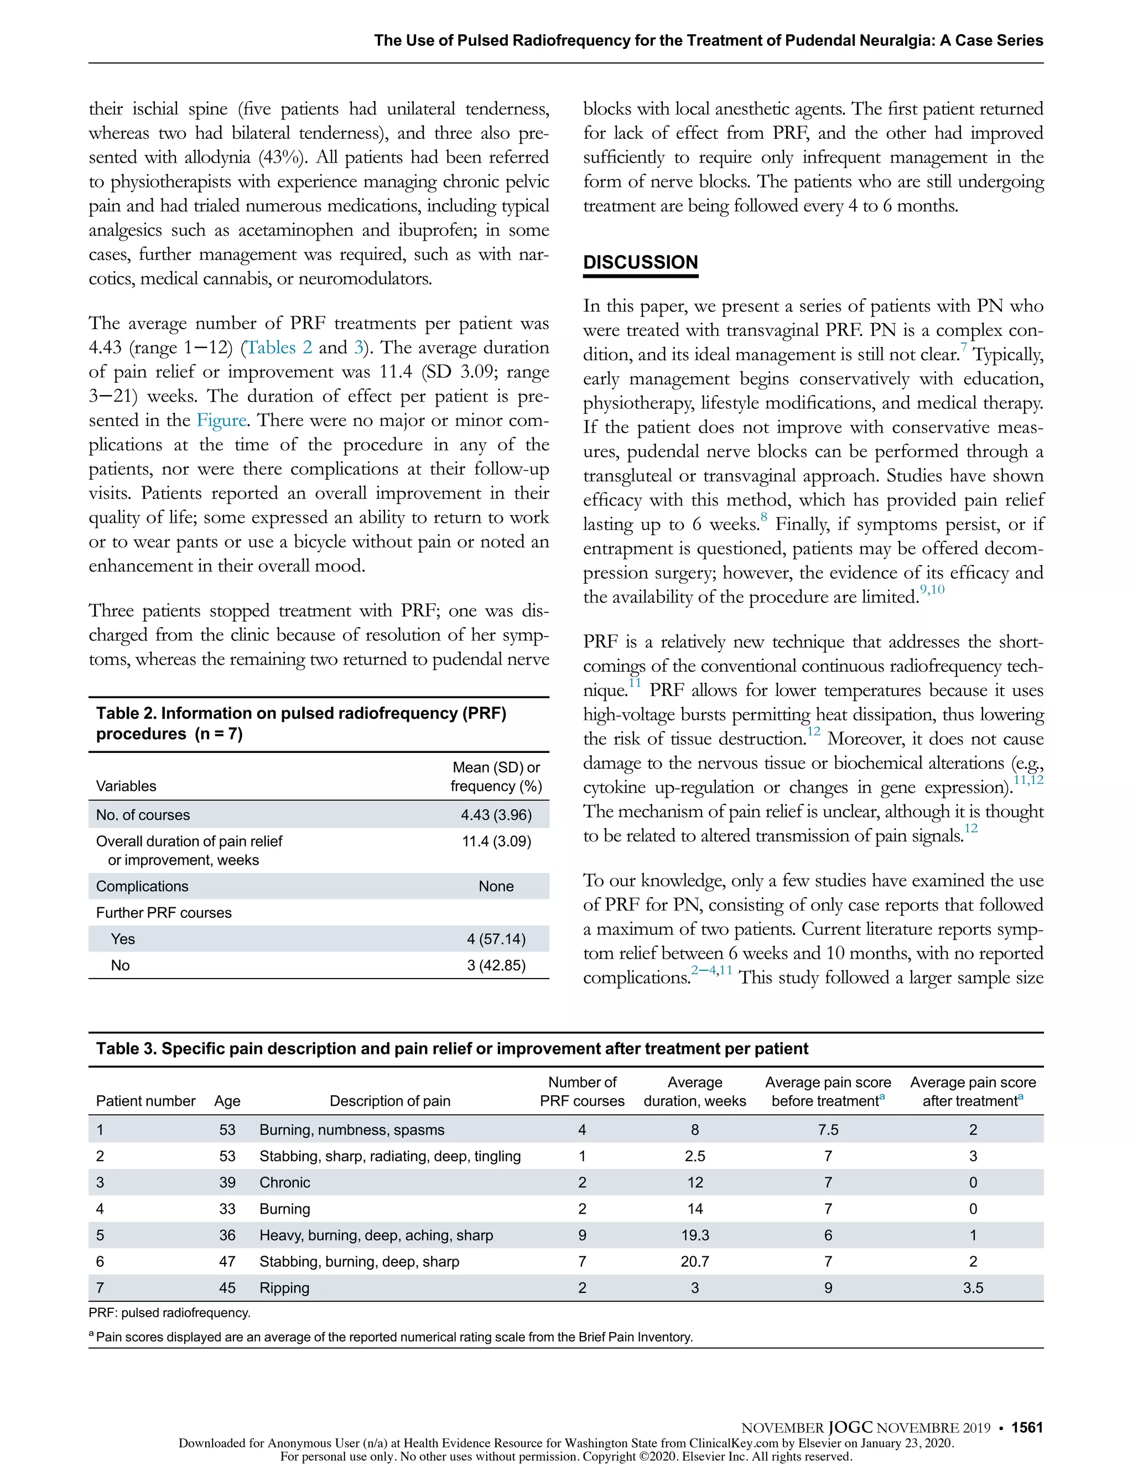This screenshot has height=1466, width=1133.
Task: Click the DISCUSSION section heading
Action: [x=640, y=262]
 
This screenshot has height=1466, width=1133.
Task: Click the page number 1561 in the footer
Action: [x=1027, y=1428]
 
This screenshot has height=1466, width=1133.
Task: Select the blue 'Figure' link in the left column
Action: [x=221, y=420]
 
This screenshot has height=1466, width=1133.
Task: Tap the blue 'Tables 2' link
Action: [x=280, y=348]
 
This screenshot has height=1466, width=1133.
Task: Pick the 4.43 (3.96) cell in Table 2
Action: [x=496, y=815]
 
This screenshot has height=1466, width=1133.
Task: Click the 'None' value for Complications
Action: [x=496, y=886]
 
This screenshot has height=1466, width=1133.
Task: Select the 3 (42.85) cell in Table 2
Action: [x=496, y=965]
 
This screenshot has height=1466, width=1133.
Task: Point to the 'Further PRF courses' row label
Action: [x=164, y=913]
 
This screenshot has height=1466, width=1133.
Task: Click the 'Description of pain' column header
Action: [x=390, y=1101]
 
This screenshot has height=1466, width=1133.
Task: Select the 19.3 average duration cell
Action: [x=695, y=1235]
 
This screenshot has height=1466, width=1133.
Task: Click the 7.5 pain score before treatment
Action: [x=828, y=1130]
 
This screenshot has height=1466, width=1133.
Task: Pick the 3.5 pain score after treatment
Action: [x=973, y=1287]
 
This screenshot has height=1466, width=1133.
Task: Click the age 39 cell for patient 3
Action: [x=227, y=1182]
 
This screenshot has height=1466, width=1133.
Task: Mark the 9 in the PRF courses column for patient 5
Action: [x=582, y=1235]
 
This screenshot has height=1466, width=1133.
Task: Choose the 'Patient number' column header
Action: [x=145, y=1101]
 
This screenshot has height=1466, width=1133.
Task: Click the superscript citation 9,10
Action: [x=932, y=590]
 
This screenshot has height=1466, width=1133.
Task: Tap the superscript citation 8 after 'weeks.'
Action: [x=764, y=517]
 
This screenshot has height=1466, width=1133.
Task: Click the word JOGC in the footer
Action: [x=850, y=1428]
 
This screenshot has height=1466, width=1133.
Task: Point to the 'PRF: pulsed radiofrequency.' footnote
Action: [x=169, y=1312]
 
